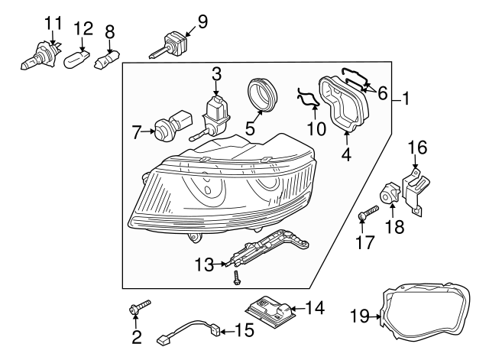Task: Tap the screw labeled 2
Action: (139, 308)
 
